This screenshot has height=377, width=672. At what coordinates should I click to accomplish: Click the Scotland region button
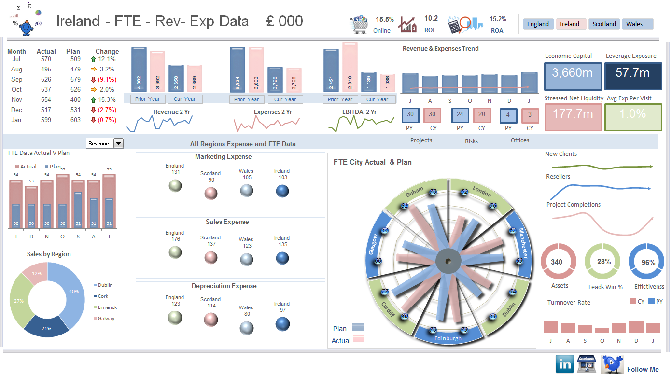pyautogui.click(x=604, y=24)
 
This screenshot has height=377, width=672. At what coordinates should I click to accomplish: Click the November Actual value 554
pyautogui.click(x=46, y=99)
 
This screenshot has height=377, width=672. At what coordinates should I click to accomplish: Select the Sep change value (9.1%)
pyautogui.click(x=107, y=79)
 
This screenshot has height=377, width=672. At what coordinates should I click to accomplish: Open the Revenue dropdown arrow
pyautogui.click(x=118, y=143)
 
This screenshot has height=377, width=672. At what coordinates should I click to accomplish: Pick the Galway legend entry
pyautogui.click(x=106, y=319)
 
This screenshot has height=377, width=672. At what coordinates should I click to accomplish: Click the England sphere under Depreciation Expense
pyautogui.click(x=175, y=318)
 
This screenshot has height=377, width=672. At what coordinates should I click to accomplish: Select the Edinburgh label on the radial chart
pyautogui.click(x=448, y=338)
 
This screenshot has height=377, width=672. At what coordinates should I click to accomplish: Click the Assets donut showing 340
pyautogui.click(x=557, y=262)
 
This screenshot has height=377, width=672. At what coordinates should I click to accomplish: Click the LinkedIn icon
pyautogui.click(x=564, y=364)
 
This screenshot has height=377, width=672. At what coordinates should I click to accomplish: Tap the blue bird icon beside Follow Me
pyautogui.click(x=612, y=364)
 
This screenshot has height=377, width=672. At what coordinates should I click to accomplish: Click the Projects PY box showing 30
pyautogui.click(x=410, y=115)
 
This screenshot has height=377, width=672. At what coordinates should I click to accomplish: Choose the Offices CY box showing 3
pyautogui.click(x=530, y=115)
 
